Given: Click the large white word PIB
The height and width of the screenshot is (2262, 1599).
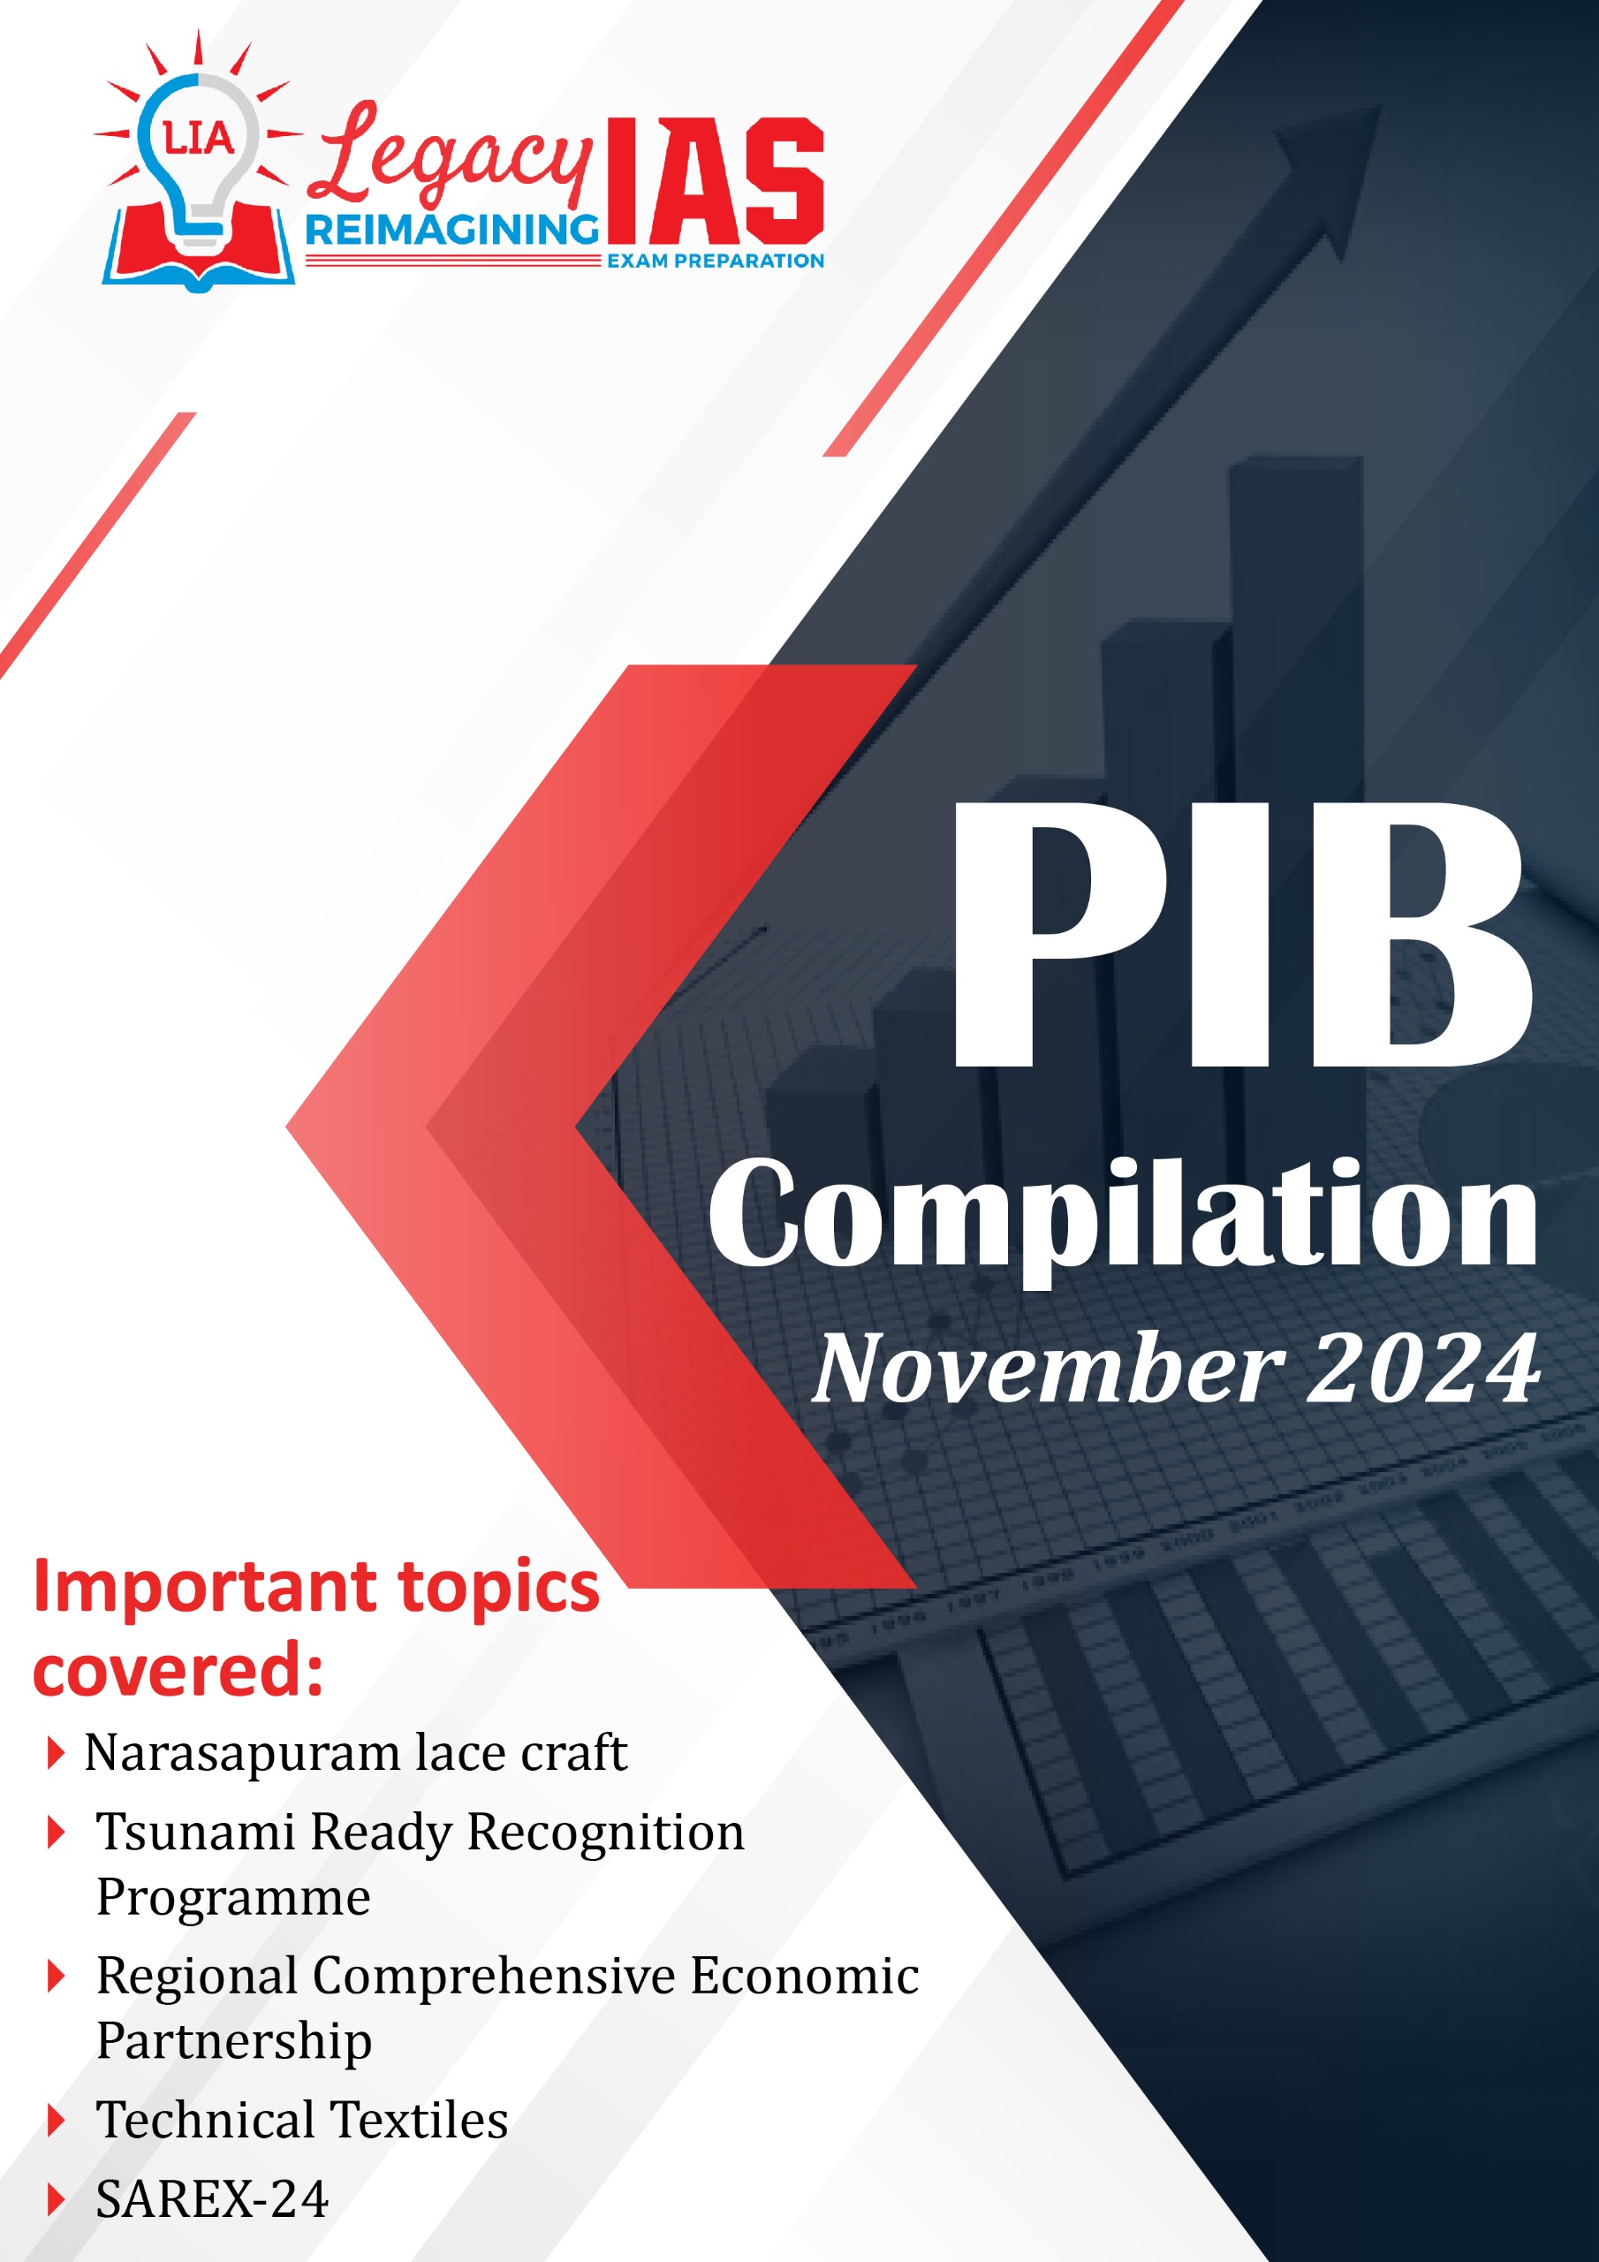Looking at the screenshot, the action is click(x=1243, y=933).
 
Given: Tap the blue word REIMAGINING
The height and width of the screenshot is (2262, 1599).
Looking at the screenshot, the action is click(x=451, y=231).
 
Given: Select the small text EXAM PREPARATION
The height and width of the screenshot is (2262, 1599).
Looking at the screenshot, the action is click(x=716, y=261).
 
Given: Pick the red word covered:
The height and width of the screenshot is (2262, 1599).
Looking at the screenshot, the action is click(x=178, y=1672).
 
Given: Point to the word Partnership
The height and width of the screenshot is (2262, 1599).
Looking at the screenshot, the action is click(x=234, y=2041).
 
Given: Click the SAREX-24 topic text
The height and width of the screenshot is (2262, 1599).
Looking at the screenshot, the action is click(x=212, y=2199).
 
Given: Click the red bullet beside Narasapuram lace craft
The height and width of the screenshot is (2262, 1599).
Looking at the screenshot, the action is click(x=57, y=1754).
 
